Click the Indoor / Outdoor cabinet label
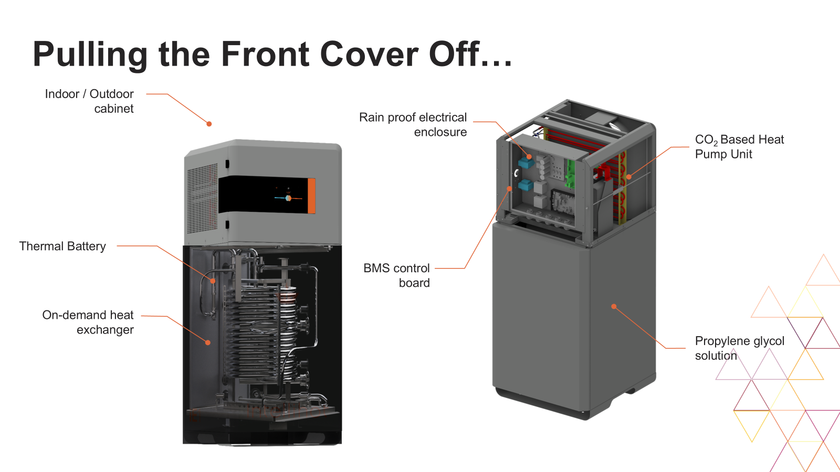(89, 101)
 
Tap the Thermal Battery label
(62, 246)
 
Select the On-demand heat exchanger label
(88, 322)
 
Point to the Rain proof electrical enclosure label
(413, 124)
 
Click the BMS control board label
(397, 275)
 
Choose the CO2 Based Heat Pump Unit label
(739, 147)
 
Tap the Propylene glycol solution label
(739, 348)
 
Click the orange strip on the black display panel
(311, 196)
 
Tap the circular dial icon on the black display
(288, 198)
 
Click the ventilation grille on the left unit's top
(202, 199)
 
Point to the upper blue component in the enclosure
(526, 163)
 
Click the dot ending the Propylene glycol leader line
(614, 306)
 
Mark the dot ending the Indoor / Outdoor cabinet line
(209, 124)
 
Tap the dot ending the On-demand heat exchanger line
(208, 342)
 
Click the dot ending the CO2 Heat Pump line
(629, 177)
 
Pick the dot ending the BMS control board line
(509, 189)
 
